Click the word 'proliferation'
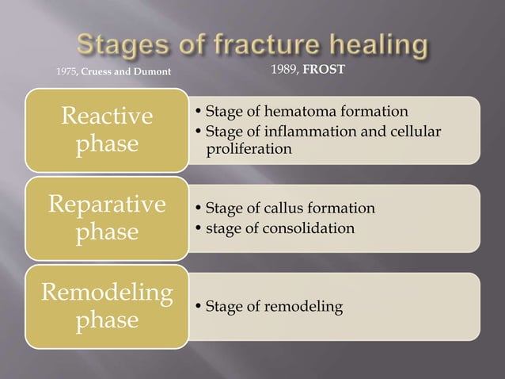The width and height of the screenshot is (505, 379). tap(249, 148)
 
